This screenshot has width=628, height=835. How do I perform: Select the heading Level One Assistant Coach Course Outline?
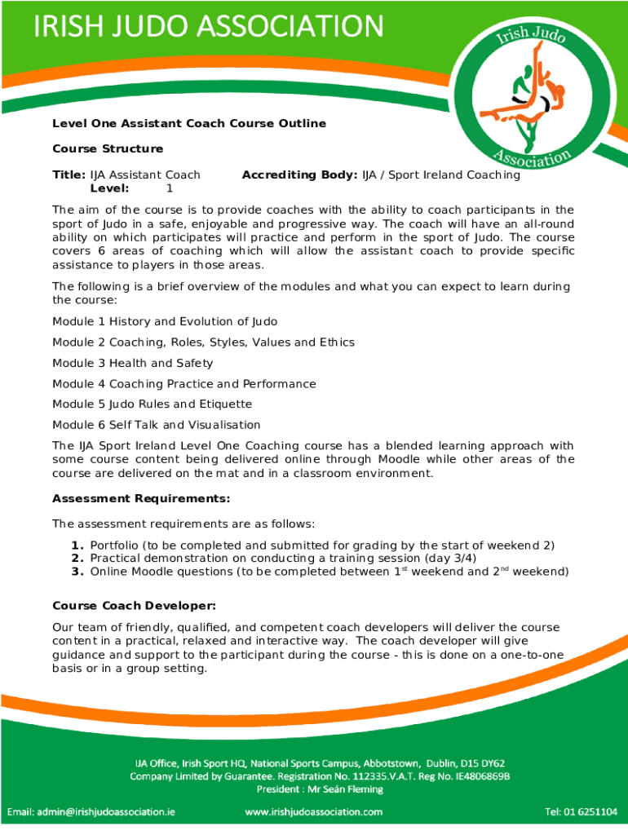click(189, 123)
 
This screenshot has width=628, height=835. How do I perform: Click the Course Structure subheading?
click(108, 148)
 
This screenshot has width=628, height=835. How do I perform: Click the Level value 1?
click(170, 188)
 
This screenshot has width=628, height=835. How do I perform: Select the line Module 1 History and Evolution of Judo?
click(176, 321)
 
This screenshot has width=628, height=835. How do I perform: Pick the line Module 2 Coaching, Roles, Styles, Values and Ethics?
click(203, 342)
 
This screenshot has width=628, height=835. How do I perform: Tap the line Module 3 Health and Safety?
click(132, 363)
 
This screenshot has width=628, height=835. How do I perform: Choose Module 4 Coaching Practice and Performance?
click(184, 383)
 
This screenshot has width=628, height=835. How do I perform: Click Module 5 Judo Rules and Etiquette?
click(153, 404)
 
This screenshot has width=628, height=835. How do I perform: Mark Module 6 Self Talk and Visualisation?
click(157, 424)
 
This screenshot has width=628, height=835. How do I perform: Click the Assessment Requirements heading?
click(141, 498)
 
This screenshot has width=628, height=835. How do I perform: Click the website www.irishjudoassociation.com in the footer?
click(314, 811)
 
